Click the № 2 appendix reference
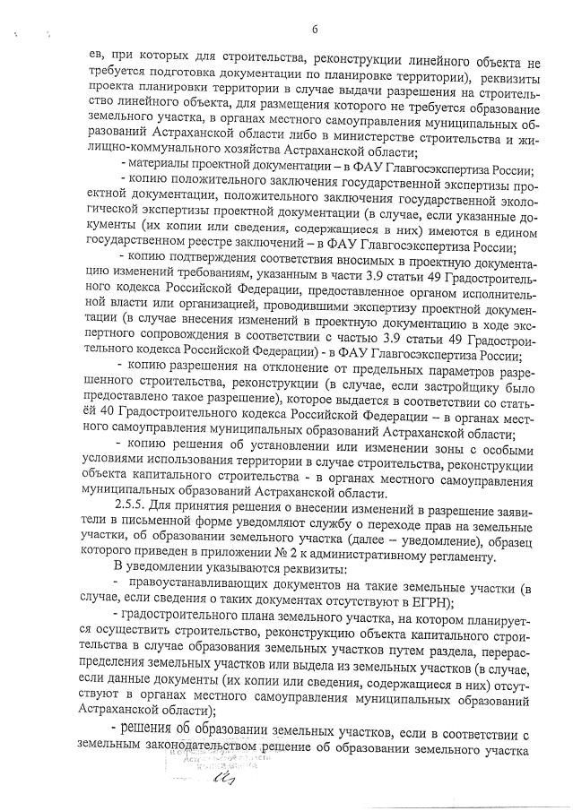292,556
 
